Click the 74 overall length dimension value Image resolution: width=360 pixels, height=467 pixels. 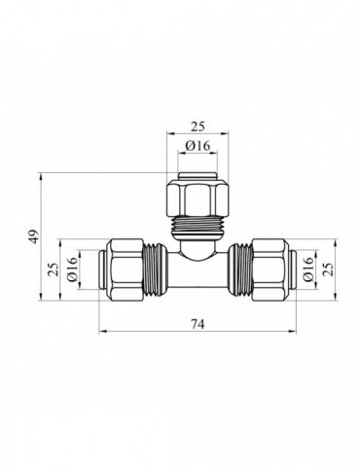(x=198, y=324)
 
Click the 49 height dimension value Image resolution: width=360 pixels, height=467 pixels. (x=34, y=235)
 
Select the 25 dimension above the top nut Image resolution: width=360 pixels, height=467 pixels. (x=198, y=126)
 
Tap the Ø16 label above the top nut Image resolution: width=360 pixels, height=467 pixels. (x=198, y=146)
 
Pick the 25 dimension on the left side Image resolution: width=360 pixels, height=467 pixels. (x=54, y=269)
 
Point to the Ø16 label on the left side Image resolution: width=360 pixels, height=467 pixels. (x=72, y=269)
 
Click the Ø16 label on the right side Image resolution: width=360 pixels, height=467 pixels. (x=308, y=269)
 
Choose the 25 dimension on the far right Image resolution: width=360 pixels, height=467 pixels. (x=329, y=269)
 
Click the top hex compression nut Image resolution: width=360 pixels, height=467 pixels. (x=198, y=199)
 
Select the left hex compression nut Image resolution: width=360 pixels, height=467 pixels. (x=126, y=269)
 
